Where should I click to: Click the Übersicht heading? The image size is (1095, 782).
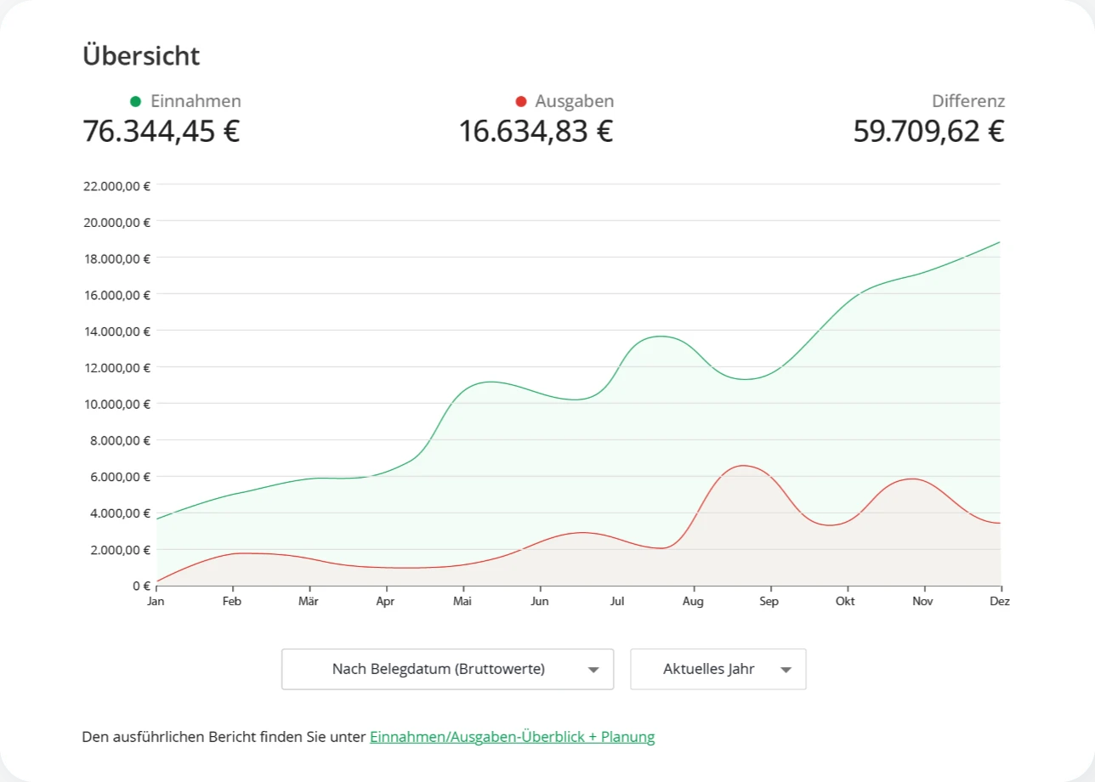[x=141, y=55]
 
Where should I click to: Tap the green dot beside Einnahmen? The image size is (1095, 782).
[x=135, y=101]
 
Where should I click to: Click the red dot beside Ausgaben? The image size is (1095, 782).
[x=520, y=101]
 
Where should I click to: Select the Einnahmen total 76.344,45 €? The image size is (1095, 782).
[x=162, y=132]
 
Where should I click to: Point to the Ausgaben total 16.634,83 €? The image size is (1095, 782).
[x=536, y=132]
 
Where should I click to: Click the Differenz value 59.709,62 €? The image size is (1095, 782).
[x=928, y=132]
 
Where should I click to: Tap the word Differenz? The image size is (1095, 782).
[x=968, y=101]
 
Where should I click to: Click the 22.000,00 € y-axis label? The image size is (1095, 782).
[x=116, y=186]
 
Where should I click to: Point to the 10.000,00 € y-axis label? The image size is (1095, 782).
[x=116, y=405]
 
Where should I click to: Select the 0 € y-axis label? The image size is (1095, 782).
[x=141, y=586]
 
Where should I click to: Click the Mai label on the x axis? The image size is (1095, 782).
[x=462, y=601]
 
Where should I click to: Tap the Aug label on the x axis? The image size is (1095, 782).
[x=693, y=602]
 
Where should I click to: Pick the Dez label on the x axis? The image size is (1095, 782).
[x=1000, y=601]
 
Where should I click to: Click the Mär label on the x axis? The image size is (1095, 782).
[x=309, y=601]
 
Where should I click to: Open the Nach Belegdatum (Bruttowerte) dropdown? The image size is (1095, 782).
[x=447, y=669]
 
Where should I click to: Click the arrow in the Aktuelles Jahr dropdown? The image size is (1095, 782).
[x=786, y=670]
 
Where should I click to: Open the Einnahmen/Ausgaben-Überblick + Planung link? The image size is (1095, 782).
[x=513, y=737]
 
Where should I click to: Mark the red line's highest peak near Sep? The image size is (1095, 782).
[x=743, y=466]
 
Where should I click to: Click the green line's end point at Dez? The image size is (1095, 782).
[x=1000, y=242]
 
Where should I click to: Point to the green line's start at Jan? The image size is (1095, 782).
[x=157, y=518]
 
